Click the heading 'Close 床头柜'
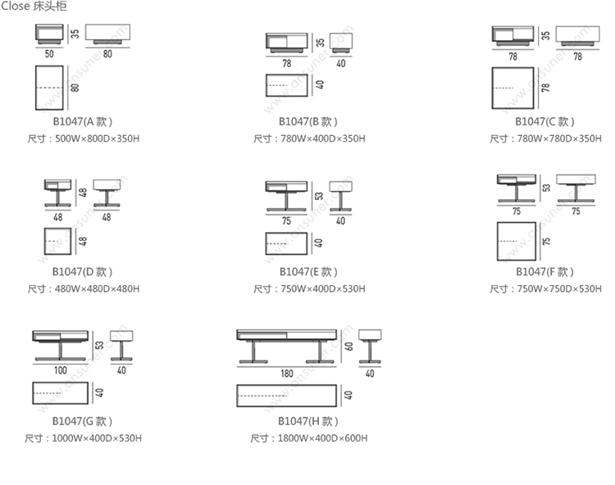(34, 7)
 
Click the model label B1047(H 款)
(307, 421)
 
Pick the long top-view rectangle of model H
(286, 395)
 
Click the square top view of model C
(513, 88)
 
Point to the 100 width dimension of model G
(61, 370)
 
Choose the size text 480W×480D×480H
(84, 289)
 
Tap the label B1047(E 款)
(308, 271)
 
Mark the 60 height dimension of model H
(348, 346)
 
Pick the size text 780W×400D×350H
(310, 139)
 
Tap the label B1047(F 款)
(546, 271)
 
